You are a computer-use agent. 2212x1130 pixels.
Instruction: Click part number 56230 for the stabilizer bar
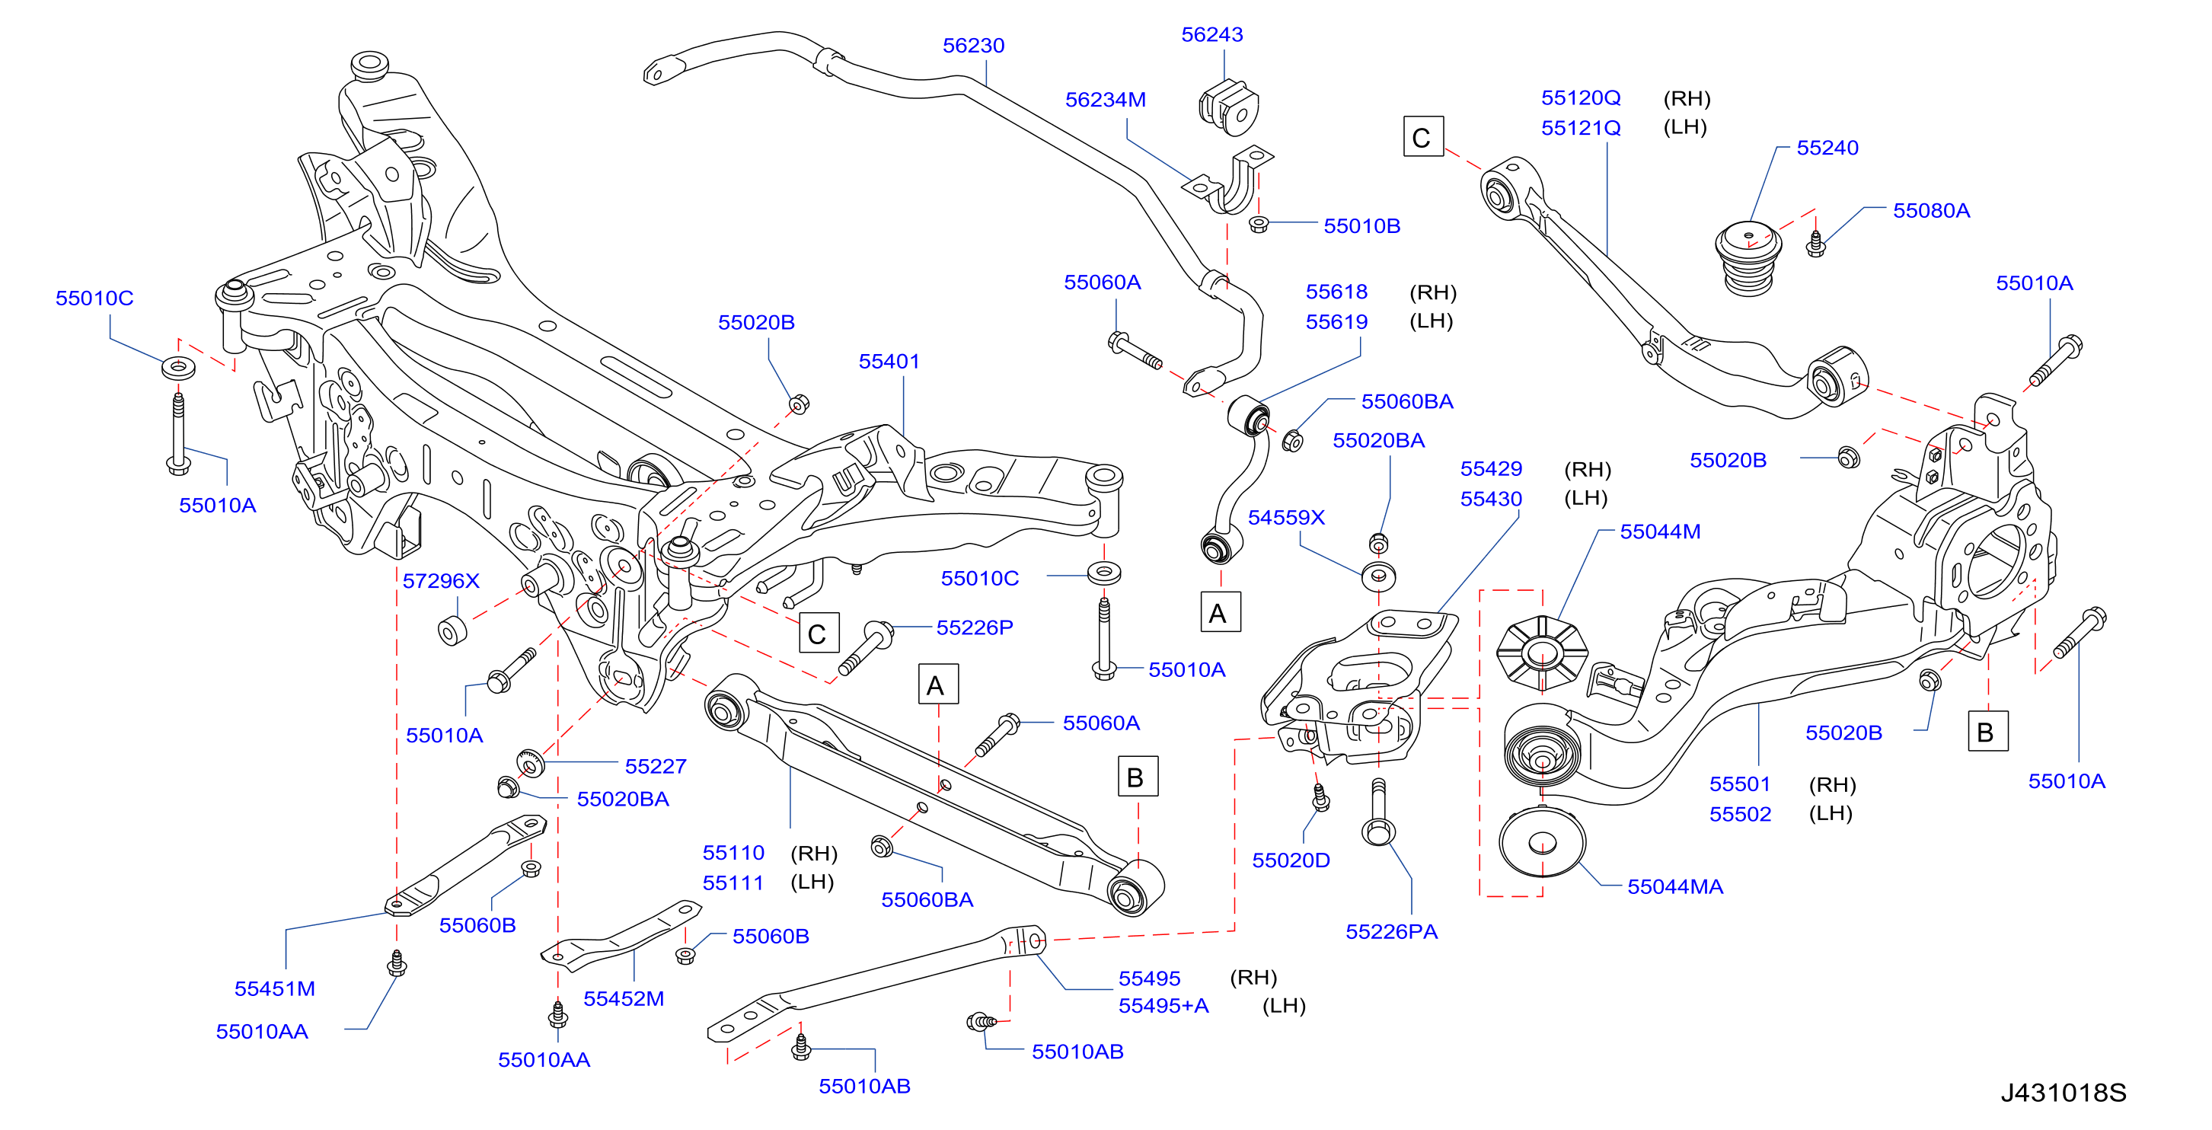click(x=973, y=46)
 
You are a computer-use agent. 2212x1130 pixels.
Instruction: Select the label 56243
click(x=1211, y=34)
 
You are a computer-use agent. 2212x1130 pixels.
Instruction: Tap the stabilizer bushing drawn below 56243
click(x=1229, y=107)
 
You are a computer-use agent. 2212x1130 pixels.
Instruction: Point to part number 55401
click(x=889, y=362)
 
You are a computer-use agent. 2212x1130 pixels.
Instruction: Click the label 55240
click(x=1827, y=148)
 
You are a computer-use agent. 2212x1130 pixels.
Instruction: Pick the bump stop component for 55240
click(x=1748, y=257)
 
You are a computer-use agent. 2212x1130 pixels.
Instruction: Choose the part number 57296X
click(x=441, y=581)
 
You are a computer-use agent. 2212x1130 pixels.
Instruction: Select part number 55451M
click(x=275, y=988)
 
